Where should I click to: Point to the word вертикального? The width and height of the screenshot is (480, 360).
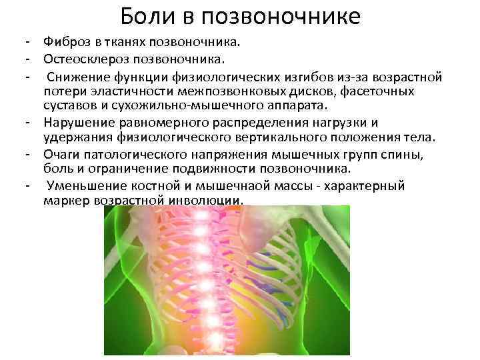coord(281,137)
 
